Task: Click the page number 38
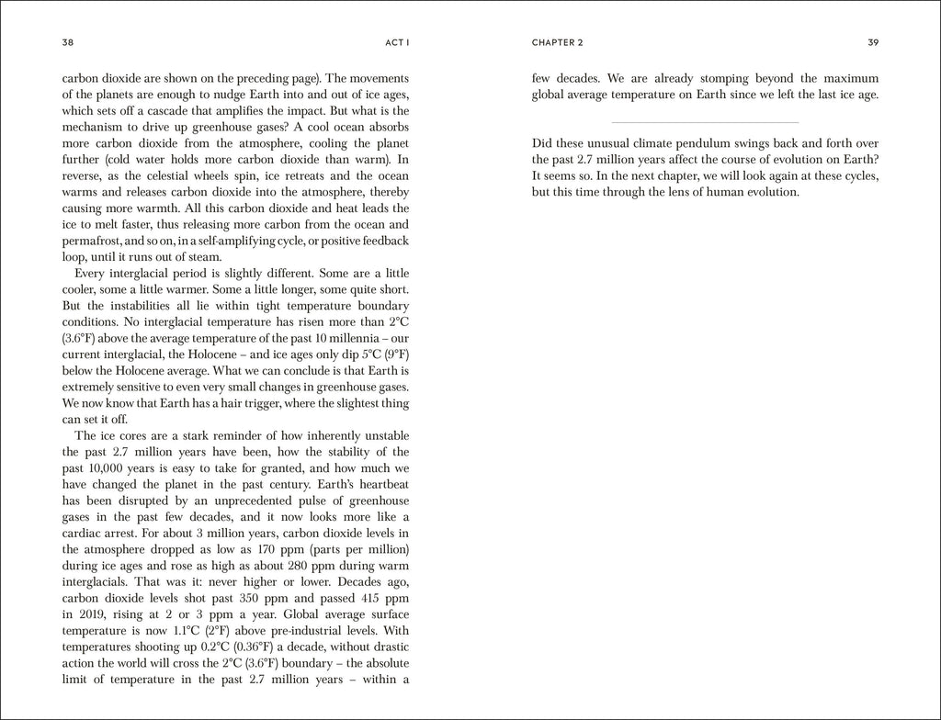click(67, 42)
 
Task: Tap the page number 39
click(873, 42)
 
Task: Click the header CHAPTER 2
click(557, 42)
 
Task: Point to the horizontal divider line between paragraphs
click(705, 122)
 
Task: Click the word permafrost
click(94, 242)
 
